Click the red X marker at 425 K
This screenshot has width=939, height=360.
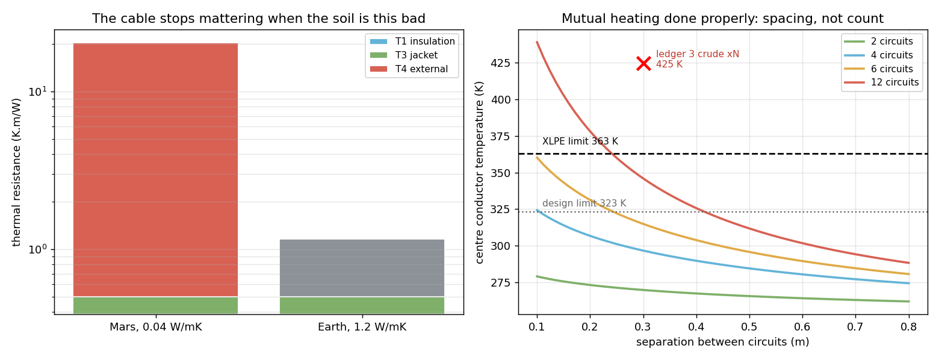click(643, 64)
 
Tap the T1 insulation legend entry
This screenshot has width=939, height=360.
click(412, 41)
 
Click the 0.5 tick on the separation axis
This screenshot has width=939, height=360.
click(749, 326)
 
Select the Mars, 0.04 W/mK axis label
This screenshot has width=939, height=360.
click(156, 327)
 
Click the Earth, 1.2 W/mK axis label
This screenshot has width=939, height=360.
click(362, 327)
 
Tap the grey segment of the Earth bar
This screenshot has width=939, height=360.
click(362, 268)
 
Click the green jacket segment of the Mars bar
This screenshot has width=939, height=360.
click(155, 305)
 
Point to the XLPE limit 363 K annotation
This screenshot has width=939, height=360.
click(580, 141)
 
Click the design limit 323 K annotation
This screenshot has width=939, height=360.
click(584, 203)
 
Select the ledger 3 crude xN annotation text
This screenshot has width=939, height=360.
click(698, 54)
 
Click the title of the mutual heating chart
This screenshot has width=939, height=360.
click(723, 19)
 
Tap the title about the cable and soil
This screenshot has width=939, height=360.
click(259, 19)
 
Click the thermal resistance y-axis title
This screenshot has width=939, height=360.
click(16, 172)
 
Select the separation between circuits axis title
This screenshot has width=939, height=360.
click(723, 342)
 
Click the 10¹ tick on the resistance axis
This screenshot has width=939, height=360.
click(38, 91)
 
